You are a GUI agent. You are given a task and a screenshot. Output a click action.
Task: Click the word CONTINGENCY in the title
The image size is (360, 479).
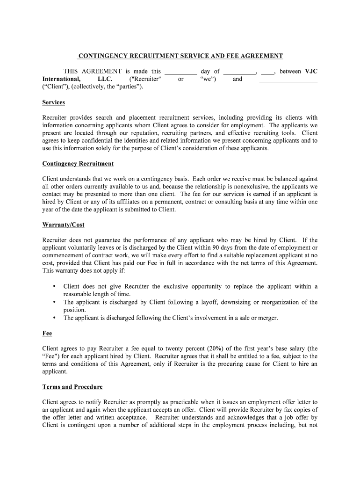pos(100,56)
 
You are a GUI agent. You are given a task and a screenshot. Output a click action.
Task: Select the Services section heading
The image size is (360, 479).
pos(54,102)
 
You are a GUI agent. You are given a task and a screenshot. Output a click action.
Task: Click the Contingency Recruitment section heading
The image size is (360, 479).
pos(78,164)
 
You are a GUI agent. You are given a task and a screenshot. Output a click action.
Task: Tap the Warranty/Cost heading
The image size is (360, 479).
pos(64,225)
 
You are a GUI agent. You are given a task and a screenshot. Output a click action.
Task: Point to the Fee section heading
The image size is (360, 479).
pos(47,334)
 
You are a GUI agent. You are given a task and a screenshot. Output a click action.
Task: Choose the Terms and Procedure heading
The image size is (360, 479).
pos(72,387)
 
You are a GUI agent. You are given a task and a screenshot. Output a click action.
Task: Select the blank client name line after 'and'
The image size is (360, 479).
pos(288,80)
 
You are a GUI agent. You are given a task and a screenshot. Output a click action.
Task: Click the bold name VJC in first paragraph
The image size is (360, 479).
pos(311,72)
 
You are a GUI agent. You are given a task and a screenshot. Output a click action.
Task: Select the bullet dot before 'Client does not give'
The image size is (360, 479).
pos(55,286)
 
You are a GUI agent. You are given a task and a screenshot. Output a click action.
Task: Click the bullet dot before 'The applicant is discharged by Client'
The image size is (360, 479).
pos(55,302)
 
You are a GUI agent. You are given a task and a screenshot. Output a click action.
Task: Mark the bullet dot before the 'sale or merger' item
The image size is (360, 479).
pos(55,318)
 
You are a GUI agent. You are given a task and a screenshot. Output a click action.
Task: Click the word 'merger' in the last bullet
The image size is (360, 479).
pos(267,318)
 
